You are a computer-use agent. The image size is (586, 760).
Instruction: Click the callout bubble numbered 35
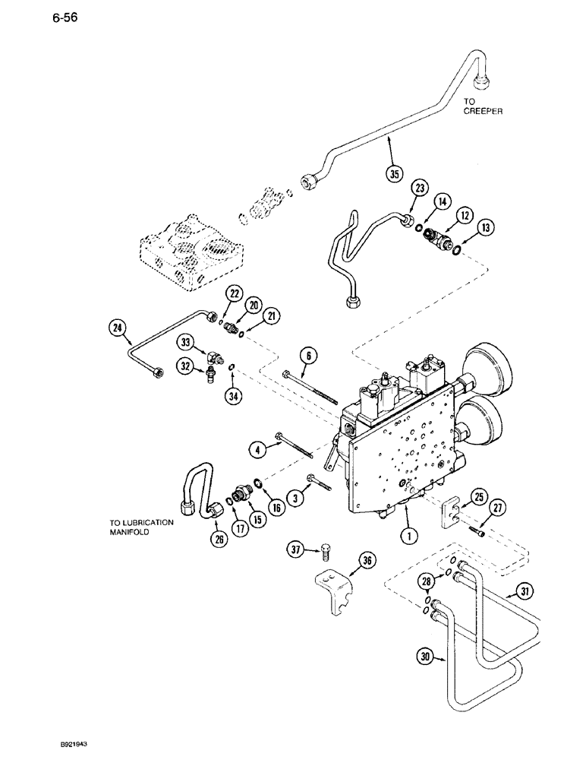click(x=393, y=173)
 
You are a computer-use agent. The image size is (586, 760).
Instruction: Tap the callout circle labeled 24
click(x=118, y=328)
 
